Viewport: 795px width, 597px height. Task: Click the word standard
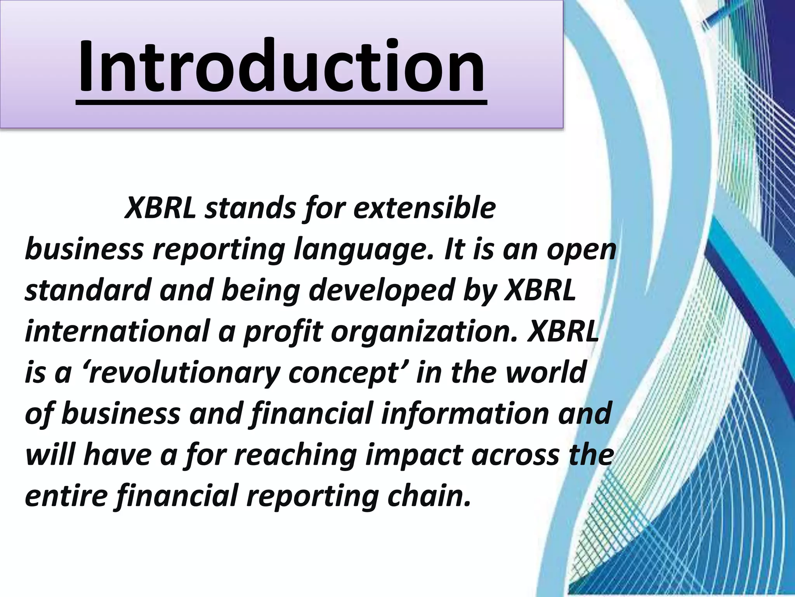(87, 291)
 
